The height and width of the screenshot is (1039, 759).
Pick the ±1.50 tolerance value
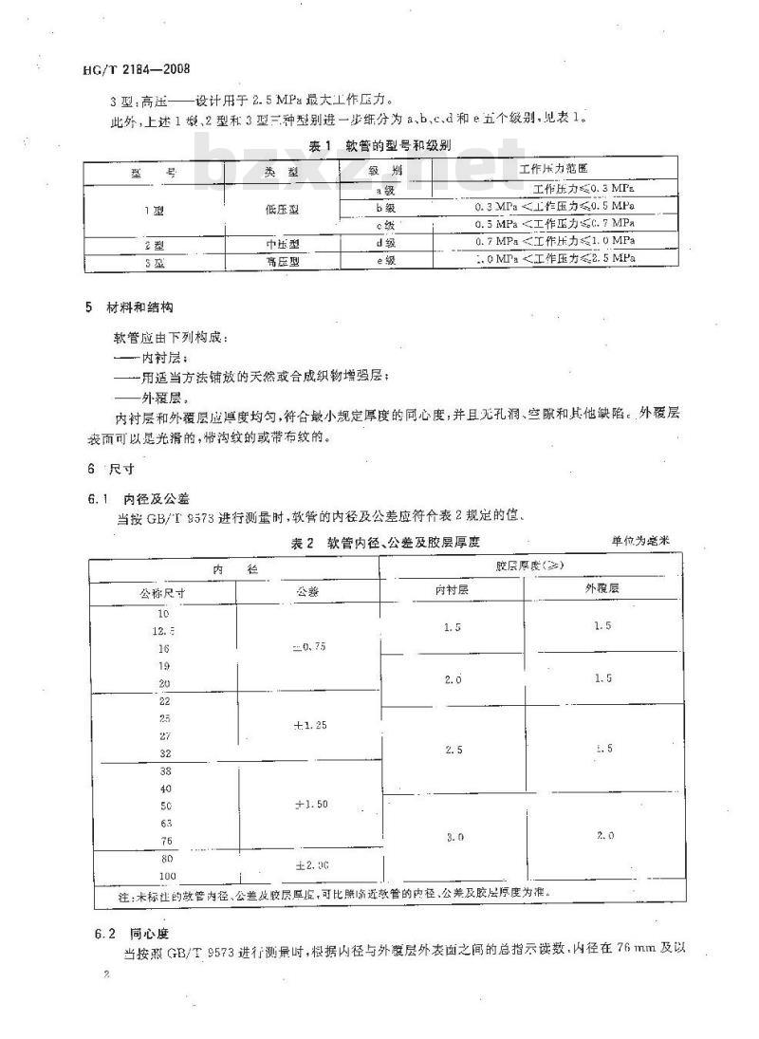click(309, 804)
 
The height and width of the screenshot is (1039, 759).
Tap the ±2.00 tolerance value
click(309, 865)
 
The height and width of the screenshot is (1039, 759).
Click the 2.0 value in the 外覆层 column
click(602, 836)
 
